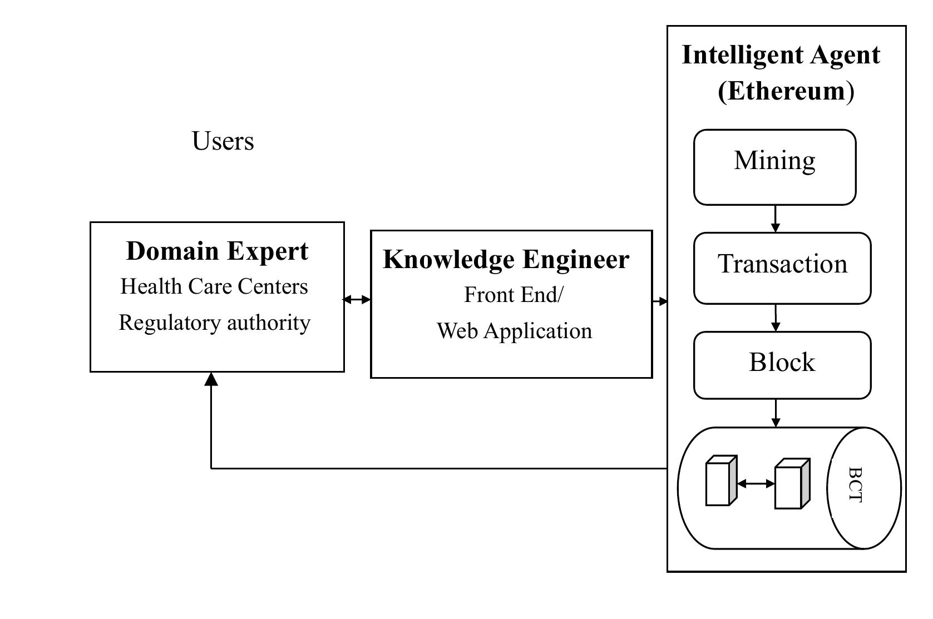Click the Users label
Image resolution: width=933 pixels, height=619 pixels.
point(223,141)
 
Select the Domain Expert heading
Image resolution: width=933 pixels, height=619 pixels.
point(217,251)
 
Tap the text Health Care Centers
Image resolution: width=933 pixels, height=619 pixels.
point(214,287)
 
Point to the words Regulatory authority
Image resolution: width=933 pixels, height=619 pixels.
point(214,323)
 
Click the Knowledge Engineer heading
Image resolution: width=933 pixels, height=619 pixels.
point(506,260)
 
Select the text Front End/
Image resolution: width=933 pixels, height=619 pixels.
point(513,295)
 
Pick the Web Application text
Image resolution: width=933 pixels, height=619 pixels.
point(514,331)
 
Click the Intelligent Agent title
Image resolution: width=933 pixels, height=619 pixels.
point(781,56)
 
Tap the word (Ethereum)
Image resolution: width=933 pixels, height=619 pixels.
point(785,91)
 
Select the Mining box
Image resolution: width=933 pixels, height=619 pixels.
point(774,167)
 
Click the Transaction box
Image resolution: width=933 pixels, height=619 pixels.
point(782,268)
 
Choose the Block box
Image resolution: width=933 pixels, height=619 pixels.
point(782,365)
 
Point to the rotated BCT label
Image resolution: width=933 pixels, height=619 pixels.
point(855,485)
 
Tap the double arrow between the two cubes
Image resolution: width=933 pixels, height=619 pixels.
point(756,484)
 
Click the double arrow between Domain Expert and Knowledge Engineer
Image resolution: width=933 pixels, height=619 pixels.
point(357,300)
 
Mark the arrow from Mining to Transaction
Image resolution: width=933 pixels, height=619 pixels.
point(775,219)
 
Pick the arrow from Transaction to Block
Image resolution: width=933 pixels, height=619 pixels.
point(775,319)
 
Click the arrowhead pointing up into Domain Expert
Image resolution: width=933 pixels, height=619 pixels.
point(211,379)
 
